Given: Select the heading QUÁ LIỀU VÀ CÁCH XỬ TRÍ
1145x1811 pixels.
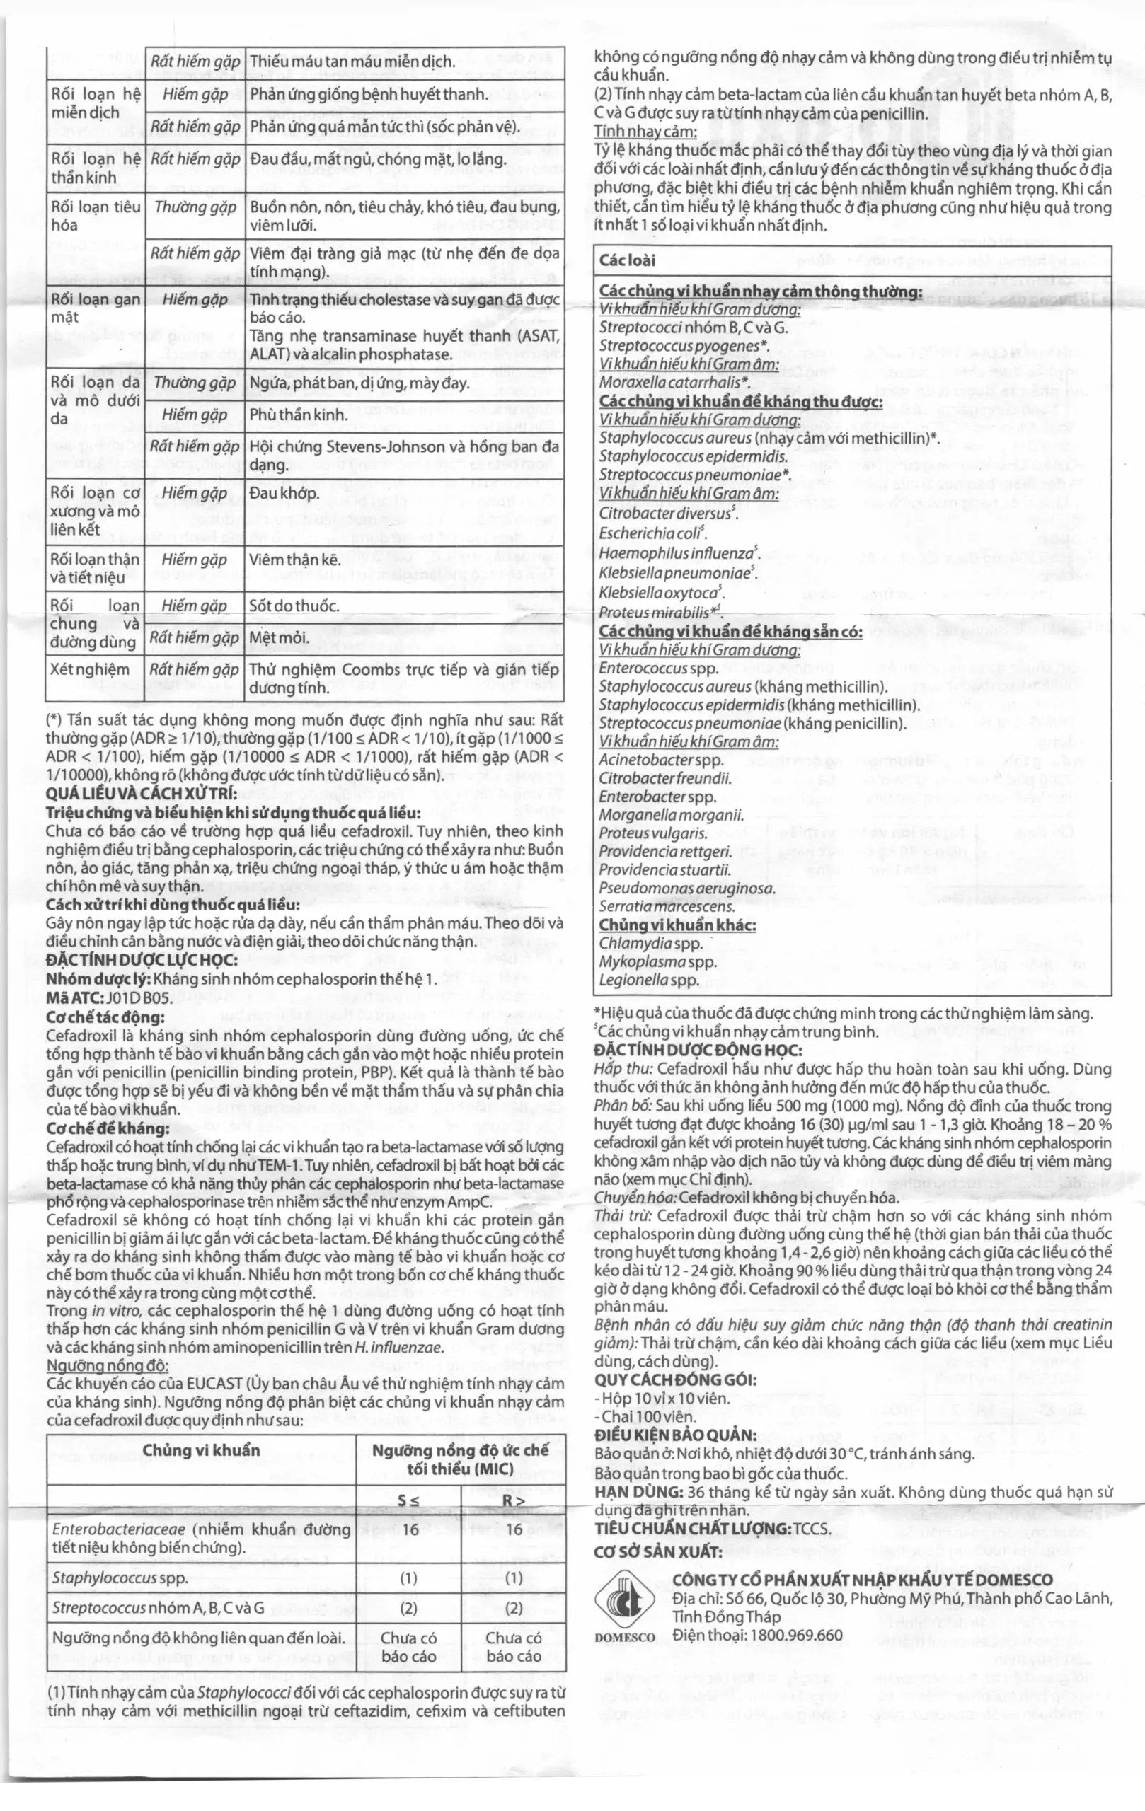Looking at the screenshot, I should click(x=142, y=794).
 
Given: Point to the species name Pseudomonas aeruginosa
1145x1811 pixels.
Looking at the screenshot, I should click(x=687, y=889).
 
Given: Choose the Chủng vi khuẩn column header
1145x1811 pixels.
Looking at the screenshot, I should click(x=201, y=1450).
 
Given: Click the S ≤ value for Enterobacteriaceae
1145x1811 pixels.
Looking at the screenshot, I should click(x=410, y=1529).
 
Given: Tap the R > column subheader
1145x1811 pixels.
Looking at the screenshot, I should click(x=513, y=1500).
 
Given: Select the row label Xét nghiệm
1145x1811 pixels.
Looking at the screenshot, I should click(x=90, y=669).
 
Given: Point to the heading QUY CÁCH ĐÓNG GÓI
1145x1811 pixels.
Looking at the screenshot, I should click(x=676, y=1379).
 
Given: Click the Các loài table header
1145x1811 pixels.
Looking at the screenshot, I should click(x=628, y=260).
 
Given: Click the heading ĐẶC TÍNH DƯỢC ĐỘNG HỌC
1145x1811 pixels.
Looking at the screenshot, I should click(x=697, y=1050).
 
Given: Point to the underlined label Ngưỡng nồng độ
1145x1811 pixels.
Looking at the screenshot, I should click(x=108, y=1365).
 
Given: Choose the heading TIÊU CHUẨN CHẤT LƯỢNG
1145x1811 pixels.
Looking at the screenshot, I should click(x=712, y=1528).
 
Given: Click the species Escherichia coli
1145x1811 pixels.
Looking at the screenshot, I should click(x=652, y=533).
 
